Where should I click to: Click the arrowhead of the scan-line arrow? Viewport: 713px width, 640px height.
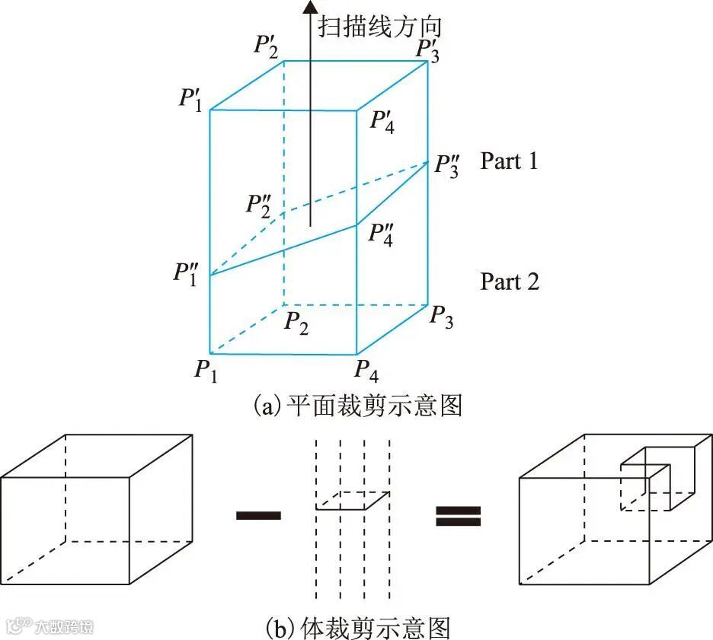309,8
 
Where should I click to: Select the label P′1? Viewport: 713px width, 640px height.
190,99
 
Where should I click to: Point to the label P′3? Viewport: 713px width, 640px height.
427,49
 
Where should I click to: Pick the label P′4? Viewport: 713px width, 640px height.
382,121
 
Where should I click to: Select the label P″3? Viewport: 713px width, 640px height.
448,165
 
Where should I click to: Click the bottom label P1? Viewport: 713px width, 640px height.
205,371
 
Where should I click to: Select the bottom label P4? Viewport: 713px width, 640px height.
366,371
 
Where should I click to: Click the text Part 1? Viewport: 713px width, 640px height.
509,161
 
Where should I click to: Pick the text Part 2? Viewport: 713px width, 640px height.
509,282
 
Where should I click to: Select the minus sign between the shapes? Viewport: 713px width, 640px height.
258,515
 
